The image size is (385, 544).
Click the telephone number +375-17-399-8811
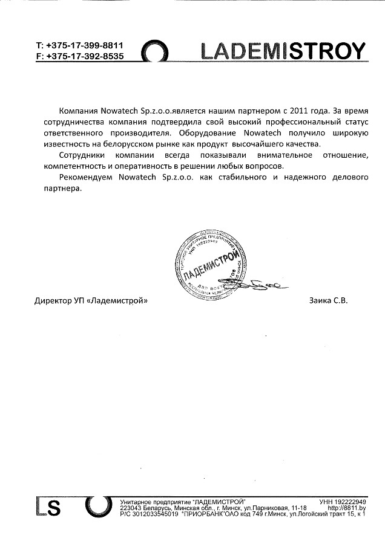[x=84, y=45]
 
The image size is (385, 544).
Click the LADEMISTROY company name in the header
[x=284, y=51]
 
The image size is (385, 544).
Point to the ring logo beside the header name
[x=160, y=53]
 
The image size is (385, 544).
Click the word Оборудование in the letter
[x=208, y=133]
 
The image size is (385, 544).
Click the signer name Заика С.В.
[x=328, y=300]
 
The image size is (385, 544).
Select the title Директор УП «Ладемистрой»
[x=91, y=300]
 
